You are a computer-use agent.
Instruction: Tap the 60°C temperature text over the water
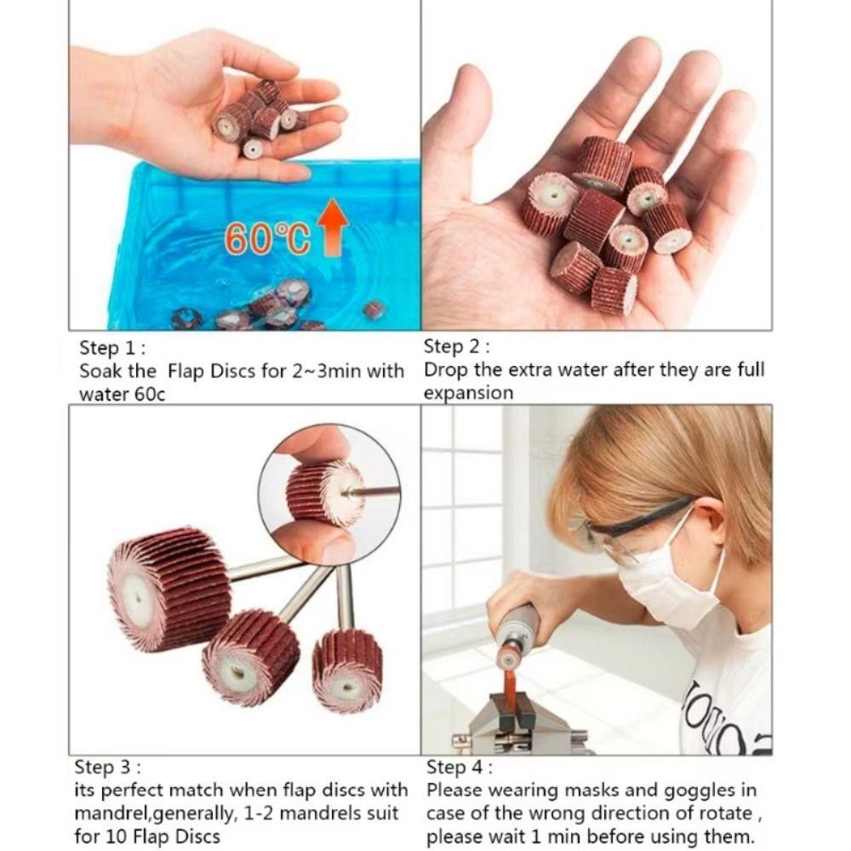pyautogui.click(x=266, y=239)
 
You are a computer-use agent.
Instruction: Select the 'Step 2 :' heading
pyautogui.click(x=457, y=346)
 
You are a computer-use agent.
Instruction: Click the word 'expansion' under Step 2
pyautogui.click(x=468, y=393)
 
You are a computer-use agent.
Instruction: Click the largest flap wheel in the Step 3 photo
pyautogui.click(x=168, y=587)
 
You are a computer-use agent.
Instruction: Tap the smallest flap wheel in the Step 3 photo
pyautogui.click(x=347, y=669)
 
